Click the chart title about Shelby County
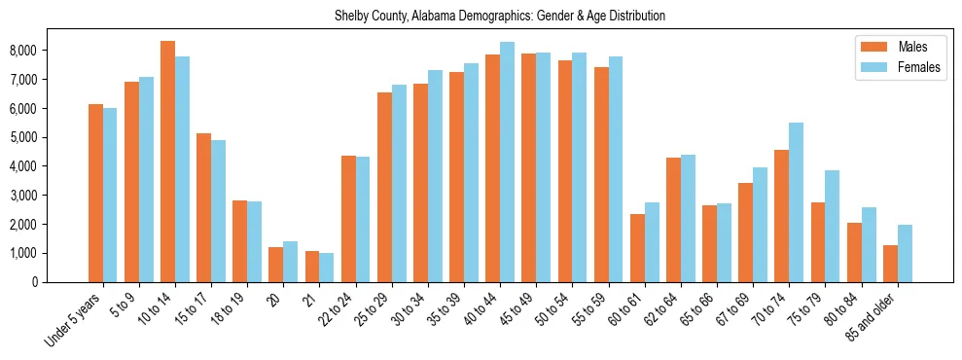click(x=500, y=17)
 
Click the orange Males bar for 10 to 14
click(x=167, y=162)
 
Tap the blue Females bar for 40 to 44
click(x=507, y=162)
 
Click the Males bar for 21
click(x=312, y=267)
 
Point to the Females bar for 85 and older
click(x=905, y=253)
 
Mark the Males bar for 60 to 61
click(x=637, y=248)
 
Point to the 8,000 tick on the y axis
click(x=50, y=51)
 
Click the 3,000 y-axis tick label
click(x=50, y=196)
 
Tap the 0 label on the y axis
click(x=61, y=282)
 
